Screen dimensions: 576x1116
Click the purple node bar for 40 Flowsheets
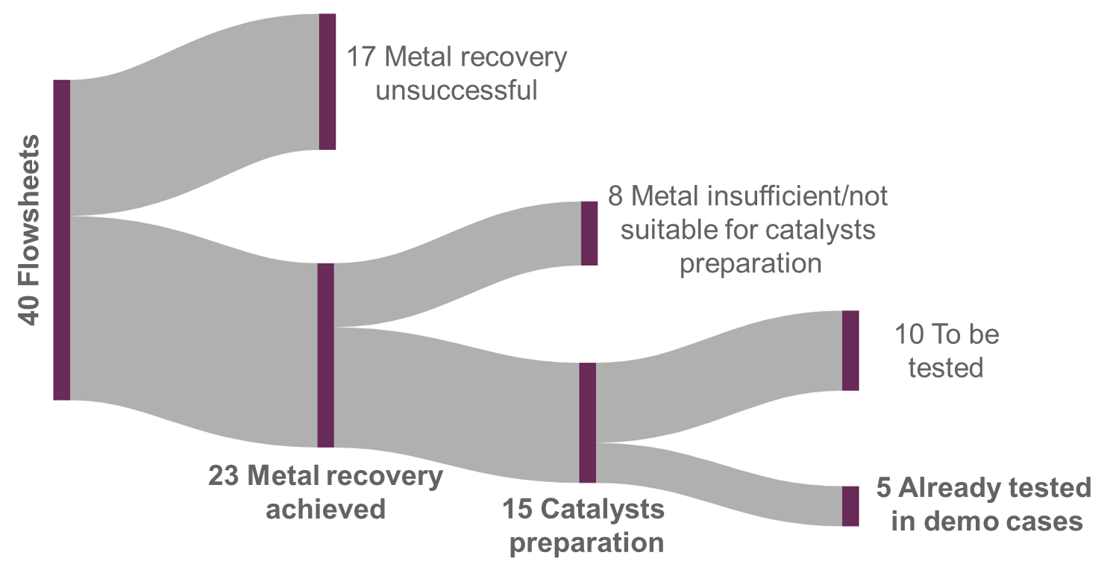(x=62, y=239)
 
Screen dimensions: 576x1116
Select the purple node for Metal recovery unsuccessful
(x=327, y=81)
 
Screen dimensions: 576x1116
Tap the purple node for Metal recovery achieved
(x=325, y=355)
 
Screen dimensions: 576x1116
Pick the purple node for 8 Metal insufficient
(x=589, y=233)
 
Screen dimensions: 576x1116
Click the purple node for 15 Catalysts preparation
(x=588, y=422)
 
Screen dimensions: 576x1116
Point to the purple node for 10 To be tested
(x=850, y=350)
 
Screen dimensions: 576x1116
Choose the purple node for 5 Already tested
(x=850, y=506)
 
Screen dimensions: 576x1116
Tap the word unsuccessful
(x=457, y=90)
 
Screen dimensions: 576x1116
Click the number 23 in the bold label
(x=225, y=476)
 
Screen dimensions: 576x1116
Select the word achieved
(x=326, y=509)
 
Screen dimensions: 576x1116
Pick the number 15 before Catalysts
(x=517, y=510)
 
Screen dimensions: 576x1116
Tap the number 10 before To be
(x=908, y=335)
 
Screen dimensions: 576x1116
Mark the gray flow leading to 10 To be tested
(x=716, y=373)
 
